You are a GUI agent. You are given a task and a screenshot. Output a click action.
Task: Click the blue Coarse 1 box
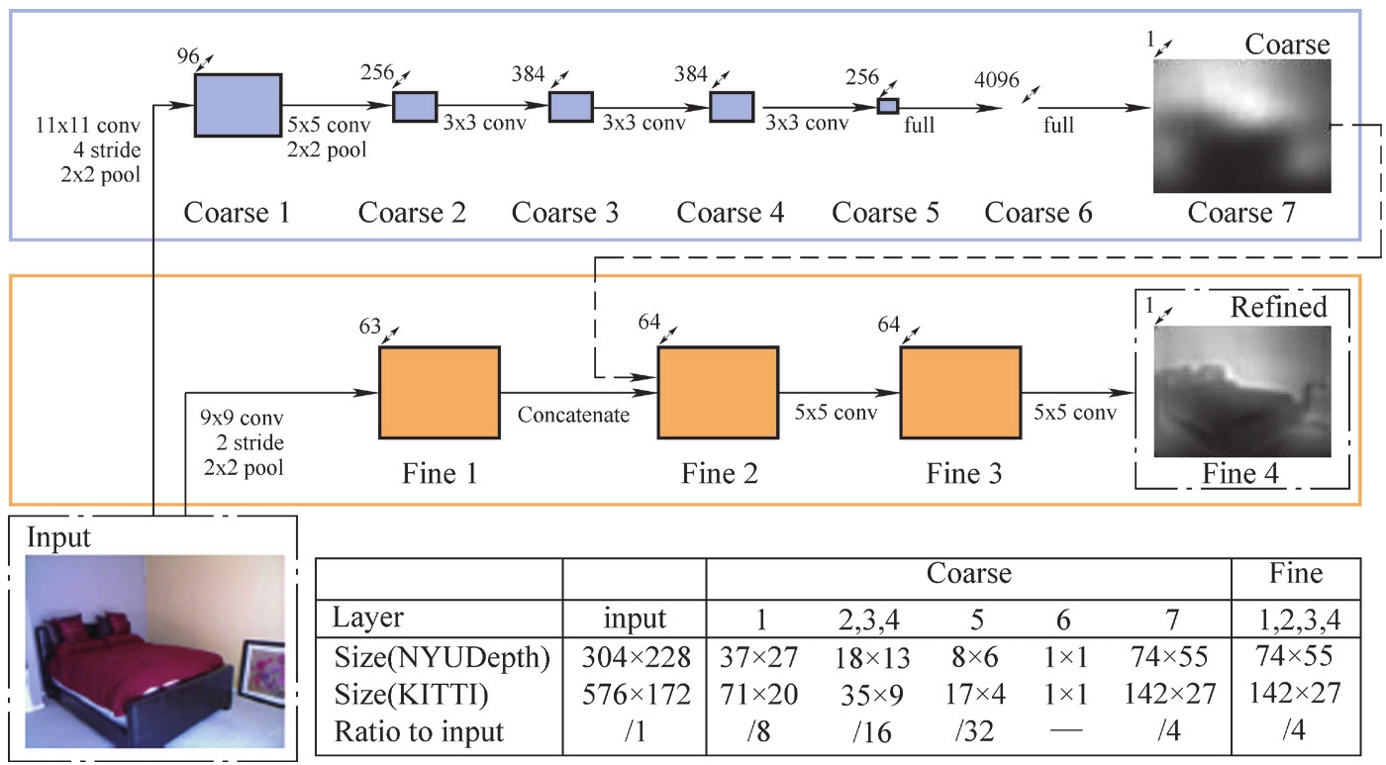238,104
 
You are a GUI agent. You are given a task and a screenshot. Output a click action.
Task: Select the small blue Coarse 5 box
888,106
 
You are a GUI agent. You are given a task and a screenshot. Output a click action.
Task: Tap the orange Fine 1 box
439,392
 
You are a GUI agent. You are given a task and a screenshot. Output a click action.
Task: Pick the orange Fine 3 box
959,392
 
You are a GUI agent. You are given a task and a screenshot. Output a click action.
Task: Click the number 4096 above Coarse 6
995,80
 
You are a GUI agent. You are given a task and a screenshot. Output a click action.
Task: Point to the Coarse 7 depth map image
1241,126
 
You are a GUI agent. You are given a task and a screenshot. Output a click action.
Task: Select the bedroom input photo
153,650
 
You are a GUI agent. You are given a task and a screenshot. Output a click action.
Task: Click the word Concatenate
573,415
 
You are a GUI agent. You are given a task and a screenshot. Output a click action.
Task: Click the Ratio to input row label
417,732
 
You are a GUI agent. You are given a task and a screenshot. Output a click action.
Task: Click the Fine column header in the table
1296,573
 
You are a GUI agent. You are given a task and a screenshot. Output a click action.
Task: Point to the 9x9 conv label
241,419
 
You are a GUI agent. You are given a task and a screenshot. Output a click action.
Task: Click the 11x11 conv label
88,126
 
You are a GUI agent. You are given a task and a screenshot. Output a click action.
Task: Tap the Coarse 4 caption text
730,212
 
